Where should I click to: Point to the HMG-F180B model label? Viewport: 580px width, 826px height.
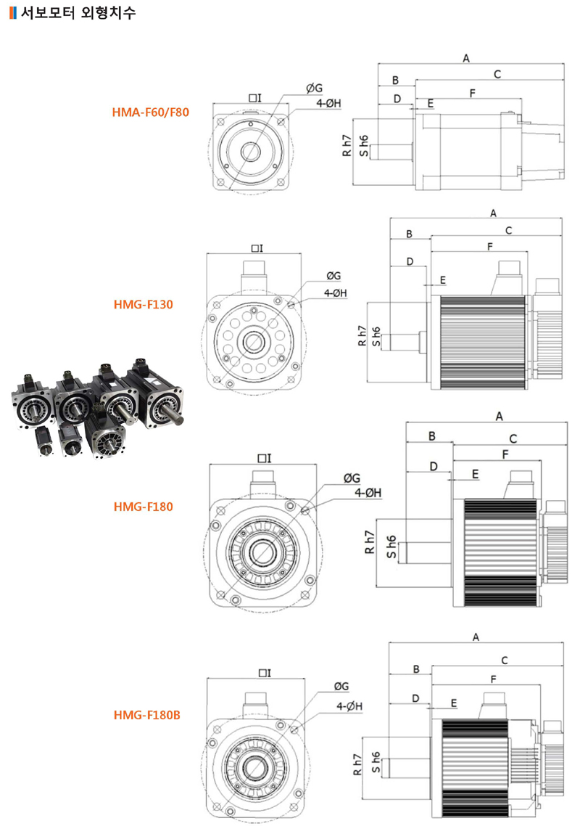pyautogui.click(x=146, y=715)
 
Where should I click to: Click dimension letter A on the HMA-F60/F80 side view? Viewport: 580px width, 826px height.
pyautogui.click(x=466, y=57)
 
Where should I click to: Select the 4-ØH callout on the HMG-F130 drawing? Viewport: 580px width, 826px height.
pyautogui.click(x=336, y=293)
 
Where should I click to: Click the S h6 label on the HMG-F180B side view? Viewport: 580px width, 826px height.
pyautogui.click(x=376, y=760)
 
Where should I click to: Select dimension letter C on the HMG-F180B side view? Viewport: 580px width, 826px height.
pyautogui.click(x=504, y=660)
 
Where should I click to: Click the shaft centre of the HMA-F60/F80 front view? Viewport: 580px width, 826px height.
pyautogui.click(x=251, y=152)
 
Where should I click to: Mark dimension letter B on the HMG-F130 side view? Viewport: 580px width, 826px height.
pyautogui.click(x=409, y=234)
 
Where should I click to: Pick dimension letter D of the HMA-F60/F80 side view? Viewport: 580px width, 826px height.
pyautogui.click(x=397, y=98)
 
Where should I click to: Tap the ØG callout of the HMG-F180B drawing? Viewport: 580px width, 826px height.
pyautogui.click(x=341, y=686)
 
